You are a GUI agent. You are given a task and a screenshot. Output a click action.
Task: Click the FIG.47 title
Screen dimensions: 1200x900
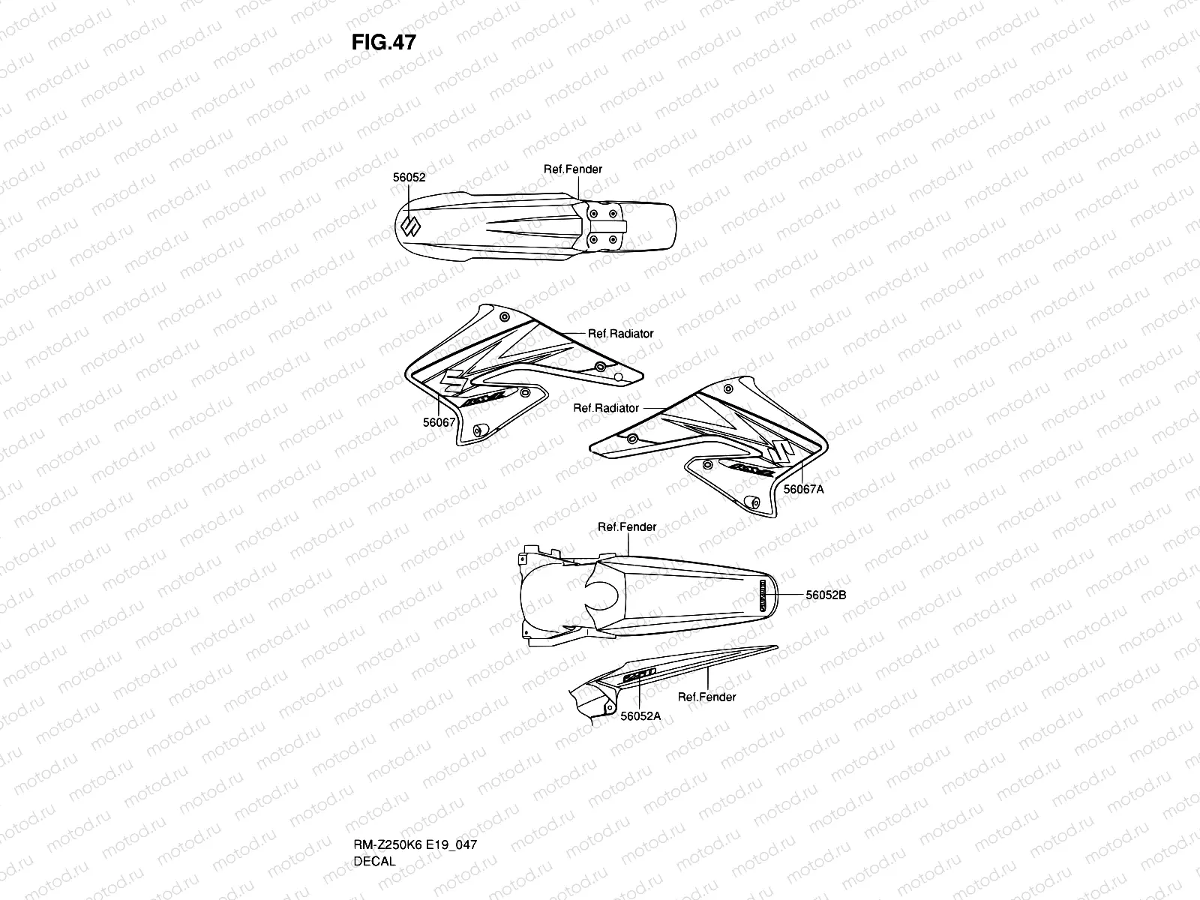click(x=383, y=42)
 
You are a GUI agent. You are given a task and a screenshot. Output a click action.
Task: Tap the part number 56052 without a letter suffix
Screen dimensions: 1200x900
click(x=409, y=178)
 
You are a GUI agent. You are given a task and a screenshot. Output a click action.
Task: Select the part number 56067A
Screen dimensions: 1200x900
click(x=803, y=489)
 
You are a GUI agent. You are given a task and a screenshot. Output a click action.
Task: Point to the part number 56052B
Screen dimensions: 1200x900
click(x=826, y=595)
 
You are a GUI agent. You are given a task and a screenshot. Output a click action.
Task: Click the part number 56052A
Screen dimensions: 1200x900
click(x=640, y=715)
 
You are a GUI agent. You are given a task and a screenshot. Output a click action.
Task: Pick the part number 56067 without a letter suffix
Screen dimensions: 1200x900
click(x=439, y=422)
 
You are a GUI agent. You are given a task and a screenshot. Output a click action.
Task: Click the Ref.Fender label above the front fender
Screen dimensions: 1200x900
click(x=572, y=169)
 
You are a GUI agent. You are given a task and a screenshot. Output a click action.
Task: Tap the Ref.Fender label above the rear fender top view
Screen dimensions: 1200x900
click(x=627, y=527)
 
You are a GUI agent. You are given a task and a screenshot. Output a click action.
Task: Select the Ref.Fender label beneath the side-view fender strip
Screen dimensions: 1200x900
click(x=706, y=697)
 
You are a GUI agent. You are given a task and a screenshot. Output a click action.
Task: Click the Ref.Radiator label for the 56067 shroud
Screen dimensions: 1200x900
click(x=620, y=334)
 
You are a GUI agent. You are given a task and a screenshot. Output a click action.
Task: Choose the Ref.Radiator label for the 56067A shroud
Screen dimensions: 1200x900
click(x=606, y=408)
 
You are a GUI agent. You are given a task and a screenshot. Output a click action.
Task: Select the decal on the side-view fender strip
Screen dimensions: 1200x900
click(x=638, y=674)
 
